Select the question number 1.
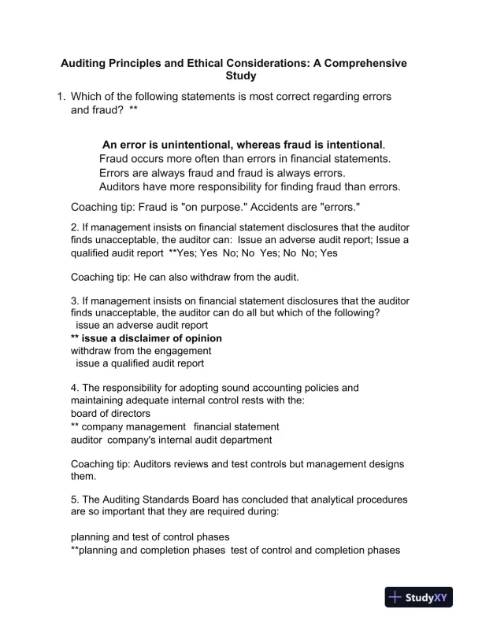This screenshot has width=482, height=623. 59,97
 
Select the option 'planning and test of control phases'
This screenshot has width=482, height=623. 150,537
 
